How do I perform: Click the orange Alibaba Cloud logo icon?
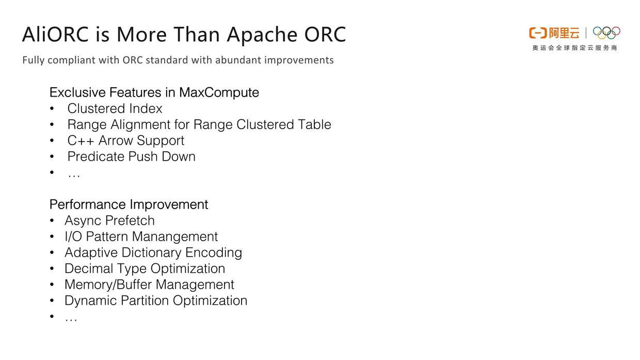(537, 33)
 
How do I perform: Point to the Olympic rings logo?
(606, 33)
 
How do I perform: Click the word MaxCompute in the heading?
(219, 92)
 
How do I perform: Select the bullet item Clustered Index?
(115, 108)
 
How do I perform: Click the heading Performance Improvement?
(129, 205)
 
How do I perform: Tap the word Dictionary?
(151, 253)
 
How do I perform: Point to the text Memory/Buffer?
(108, 285)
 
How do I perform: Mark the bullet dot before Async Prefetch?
(52, 221)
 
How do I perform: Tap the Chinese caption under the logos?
(574, 48)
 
